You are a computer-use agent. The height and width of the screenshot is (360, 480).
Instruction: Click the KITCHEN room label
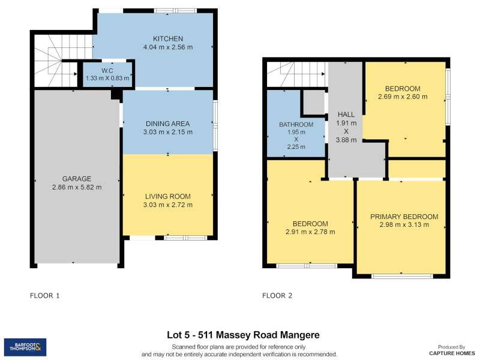[168, 39]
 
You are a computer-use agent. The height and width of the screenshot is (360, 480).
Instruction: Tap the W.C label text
[107, 71]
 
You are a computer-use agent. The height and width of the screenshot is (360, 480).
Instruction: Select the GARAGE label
[77, 179]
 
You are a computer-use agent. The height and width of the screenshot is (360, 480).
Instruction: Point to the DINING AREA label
[168, 124]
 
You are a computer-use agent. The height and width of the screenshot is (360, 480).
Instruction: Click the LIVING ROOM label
[168, 197]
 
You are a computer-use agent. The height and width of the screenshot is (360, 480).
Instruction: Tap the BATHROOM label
[296, 125]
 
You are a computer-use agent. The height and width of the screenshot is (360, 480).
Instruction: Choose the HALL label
[346, 115]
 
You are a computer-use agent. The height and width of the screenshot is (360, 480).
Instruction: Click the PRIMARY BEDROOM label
[404, 217]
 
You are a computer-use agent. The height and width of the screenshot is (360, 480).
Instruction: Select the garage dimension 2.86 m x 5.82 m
[77, 187]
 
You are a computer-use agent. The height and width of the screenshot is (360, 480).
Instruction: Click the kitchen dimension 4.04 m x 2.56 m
[168, 47]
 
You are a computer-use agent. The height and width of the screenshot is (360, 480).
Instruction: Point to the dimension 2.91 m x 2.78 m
[310, 232]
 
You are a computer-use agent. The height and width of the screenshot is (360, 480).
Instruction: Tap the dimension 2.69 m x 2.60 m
[403, 97]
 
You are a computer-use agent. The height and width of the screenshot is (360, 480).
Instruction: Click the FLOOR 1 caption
[44, 296]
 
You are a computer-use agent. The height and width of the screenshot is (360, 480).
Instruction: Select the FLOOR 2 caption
[277, 296]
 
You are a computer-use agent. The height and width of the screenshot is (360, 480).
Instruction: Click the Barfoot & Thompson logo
[25, 347]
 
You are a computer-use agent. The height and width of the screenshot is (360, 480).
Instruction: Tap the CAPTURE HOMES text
[452, 353]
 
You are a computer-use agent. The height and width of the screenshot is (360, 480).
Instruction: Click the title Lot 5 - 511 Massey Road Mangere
[243, 335]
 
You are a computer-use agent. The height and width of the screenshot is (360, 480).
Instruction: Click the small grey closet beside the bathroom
[313, 103]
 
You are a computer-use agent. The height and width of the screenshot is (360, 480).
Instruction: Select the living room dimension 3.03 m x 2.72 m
[168, 205]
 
